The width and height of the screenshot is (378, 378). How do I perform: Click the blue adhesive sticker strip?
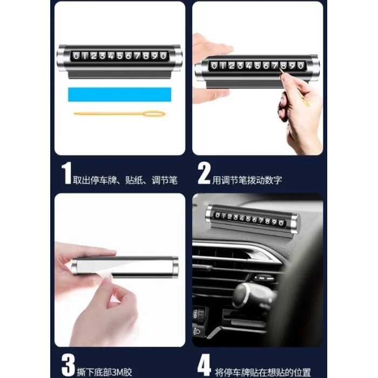coord(119,94)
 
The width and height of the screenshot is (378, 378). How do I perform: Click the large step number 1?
coord(66,173)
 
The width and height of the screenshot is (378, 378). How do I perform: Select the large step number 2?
coord(204,173)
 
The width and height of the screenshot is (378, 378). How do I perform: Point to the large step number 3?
coord(68,364)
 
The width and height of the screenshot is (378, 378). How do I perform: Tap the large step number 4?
coord(204,364)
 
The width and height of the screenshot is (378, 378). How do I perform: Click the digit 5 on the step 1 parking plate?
coord(120,56)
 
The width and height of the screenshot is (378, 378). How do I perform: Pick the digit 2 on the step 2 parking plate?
coord(232,65)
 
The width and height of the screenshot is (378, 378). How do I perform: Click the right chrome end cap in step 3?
coord(175,267)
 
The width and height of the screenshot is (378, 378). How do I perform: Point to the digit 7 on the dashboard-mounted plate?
coord(261,220)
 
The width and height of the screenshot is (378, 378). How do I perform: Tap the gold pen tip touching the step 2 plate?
coord(280,70)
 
